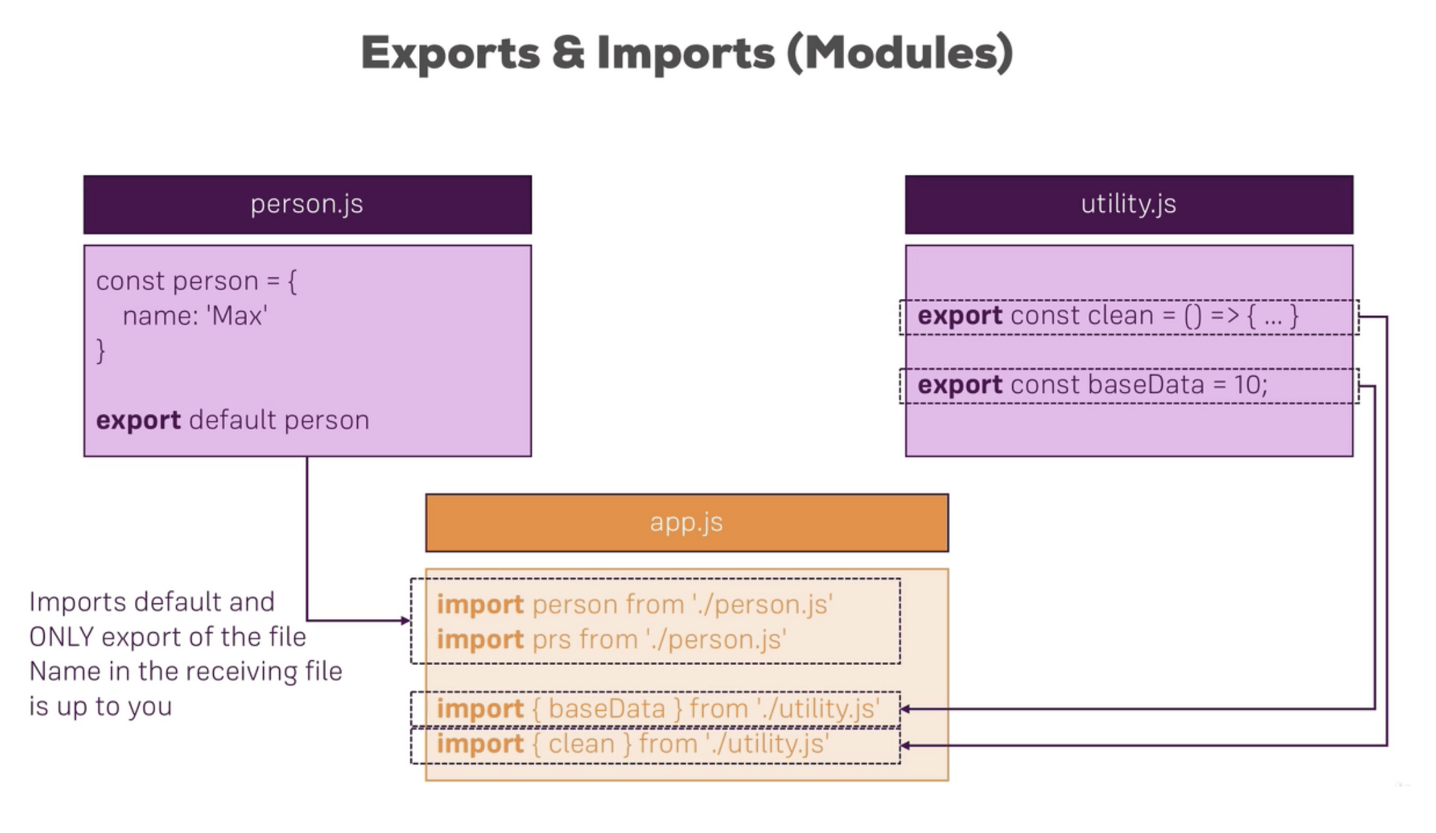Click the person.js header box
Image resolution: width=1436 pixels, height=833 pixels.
307,205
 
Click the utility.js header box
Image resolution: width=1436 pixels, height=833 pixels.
1128,205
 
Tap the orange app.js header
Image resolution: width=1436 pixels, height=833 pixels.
686,522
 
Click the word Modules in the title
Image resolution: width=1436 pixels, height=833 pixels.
900,53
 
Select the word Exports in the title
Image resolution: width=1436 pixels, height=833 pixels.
450,53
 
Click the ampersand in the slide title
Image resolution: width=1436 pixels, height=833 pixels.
568,53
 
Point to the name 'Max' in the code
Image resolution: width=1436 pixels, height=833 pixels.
237,316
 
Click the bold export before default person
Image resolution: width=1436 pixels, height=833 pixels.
138,421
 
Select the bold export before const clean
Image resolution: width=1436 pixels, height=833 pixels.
960,316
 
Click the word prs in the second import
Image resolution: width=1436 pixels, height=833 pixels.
551,639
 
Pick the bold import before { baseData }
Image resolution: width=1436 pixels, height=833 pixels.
480,709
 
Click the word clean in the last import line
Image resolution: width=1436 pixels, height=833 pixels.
581,744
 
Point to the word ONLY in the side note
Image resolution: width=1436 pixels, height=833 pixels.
61,637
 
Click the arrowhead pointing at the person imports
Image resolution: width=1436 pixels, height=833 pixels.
406,620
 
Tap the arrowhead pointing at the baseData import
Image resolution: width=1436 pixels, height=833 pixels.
906,709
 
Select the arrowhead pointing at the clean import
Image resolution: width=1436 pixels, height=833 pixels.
906,745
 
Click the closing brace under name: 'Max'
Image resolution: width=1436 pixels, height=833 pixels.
101,351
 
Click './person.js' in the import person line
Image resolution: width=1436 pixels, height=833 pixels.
763,604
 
